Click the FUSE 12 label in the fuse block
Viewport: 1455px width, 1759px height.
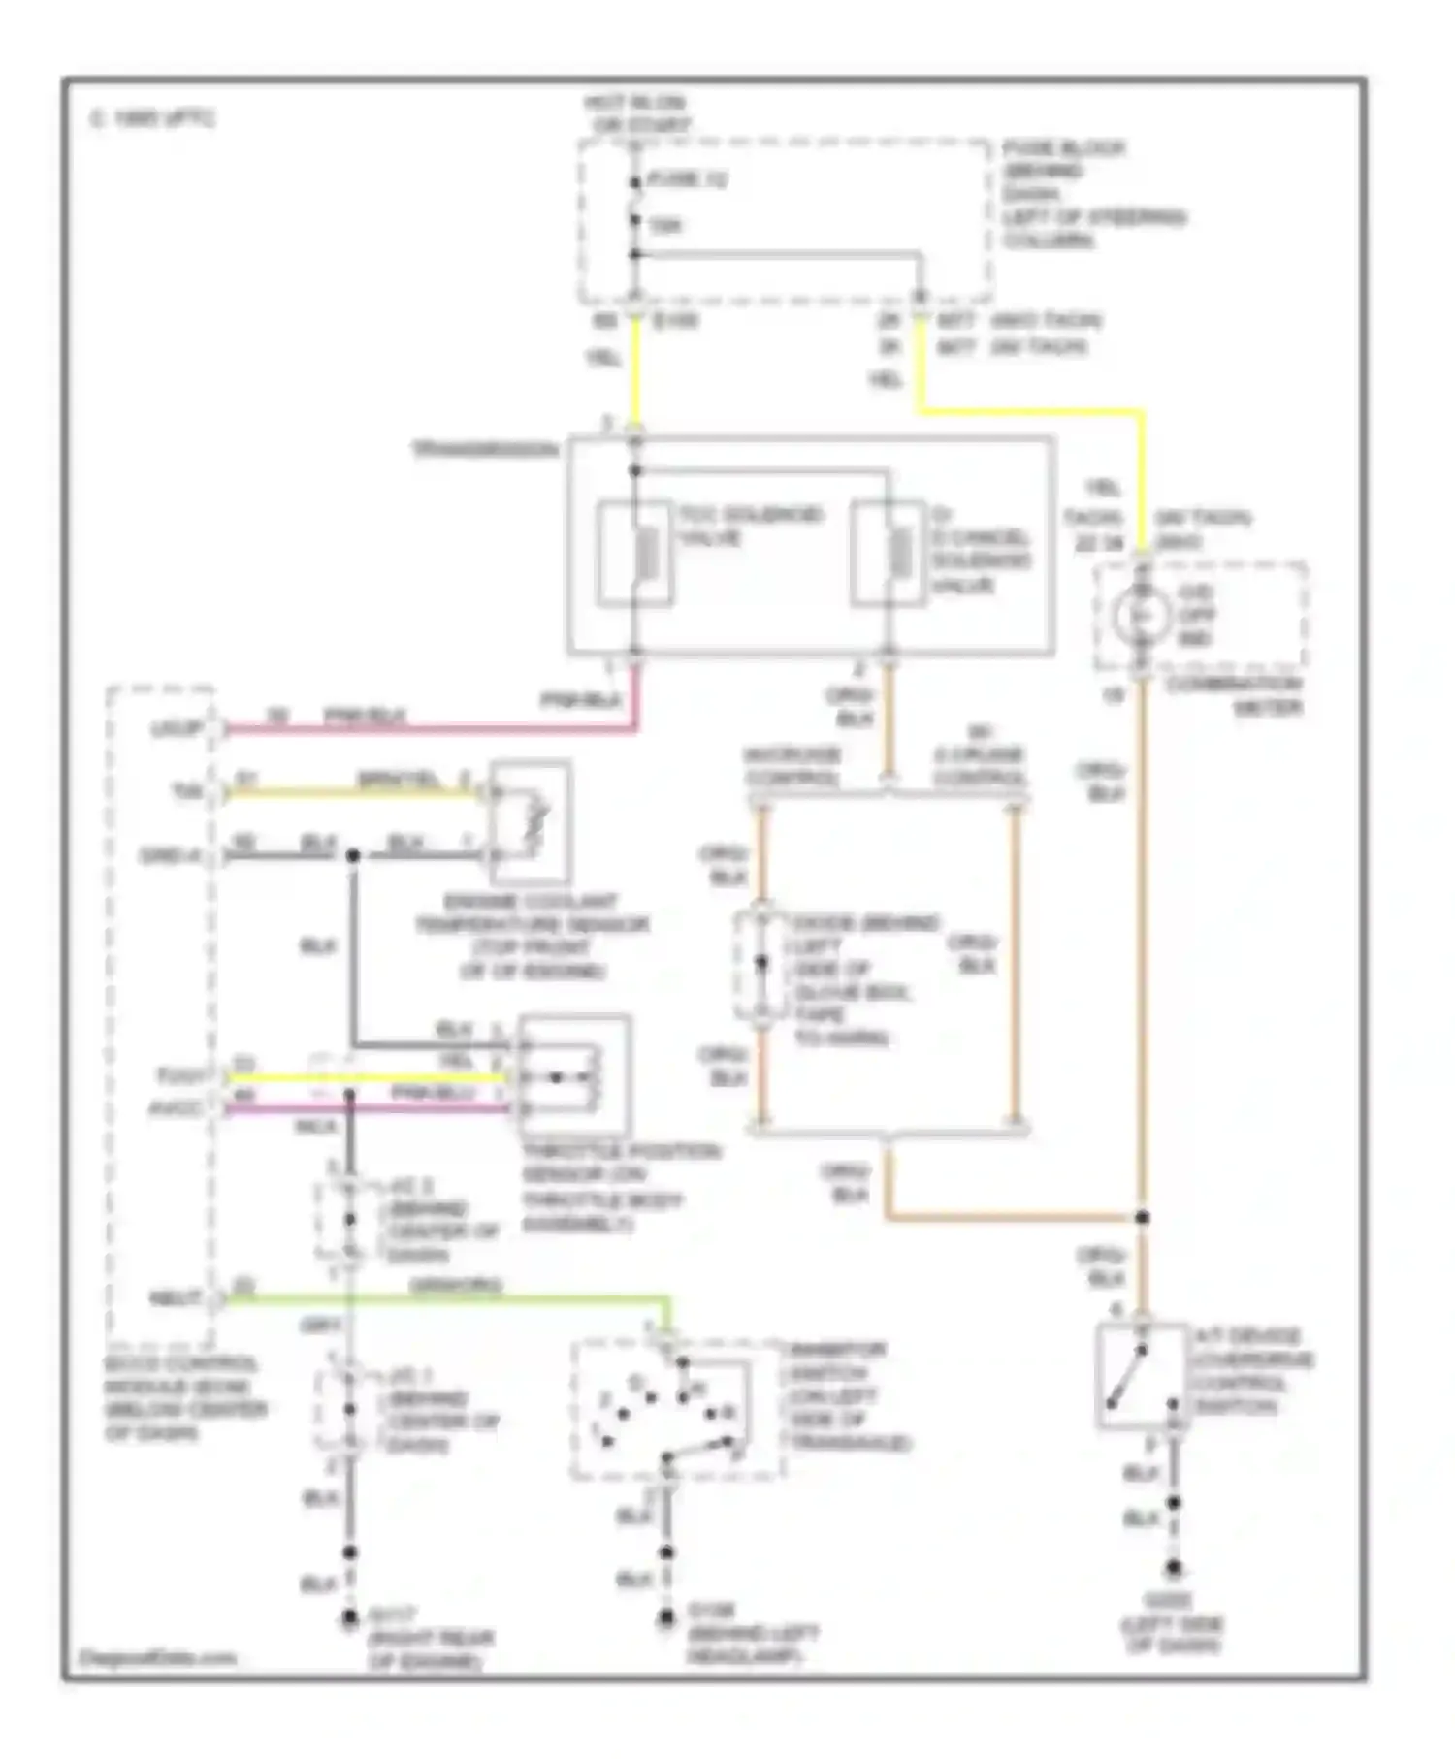[x=686, y=180]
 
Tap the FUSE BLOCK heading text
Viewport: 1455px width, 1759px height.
[x=1063, y=149]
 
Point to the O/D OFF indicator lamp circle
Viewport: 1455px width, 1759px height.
[x=1141, y=615]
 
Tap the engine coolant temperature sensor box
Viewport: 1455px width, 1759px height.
[x=530, y=822]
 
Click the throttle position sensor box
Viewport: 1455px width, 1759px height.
[x=574, y=1076]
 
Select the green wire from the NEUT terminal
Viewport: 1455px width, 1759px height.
[x=446, y=1298]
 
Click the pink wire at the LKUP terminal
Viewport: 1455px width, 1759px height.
[x=427, y=727]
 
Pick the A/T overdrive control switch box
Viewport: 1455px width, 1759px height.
[x=1142, y=1375]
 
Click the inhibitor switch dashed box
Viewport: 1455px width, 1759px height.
[x=675, y=1411]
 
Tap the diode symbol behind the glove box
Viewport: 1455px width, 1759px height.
[x=761, y=964]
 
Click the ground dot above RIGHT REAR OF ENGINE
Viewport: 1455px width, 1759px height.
[x=350, y=1618]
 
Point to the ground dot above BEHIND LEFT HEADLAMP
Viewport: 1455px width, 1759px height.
[x=666, y=1618]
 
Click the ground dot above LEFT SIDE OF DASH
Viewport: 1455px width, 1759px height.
[x=1174, y=1568]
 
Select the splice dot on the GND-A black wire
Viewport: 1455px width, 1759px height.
[x=353, y=855]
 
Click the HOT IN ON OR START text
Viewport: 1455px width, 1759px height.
[x=635, y=113]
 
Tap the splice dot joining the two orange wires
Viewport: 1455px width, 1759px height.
[x=1143, y=1217]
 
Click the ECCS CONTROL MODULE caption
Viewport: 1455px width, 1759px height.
[x=184, y=1397]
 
